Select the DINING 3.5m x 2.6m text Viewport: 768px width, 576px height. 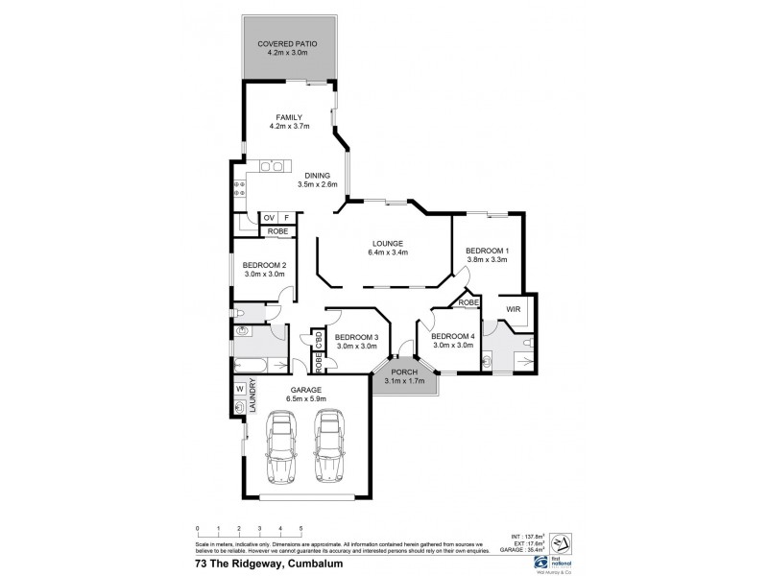pyautogui.click(x=318, y=180)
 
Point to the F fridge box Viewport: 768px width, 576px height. pyautogui.click(x=286, y=218)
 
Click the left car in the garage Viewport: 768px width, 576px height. pyautogui.click(x=283, y=446)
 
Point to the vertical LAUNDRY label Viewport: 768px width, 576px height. pyautogui.click(x=253, y=396)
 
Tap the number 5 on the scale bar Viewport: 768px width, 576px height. pyautogui.click(x=300, y=529)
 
